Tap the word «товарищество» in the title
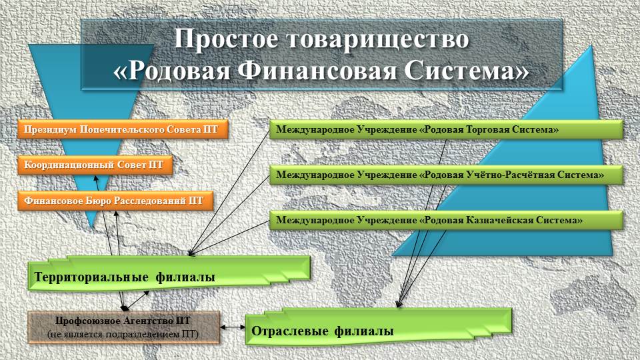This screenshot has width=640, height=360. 377,40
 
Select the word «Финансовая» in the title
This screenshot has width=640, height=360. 317,71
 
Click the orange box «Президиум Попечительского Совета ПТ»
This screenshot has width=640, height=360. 123,130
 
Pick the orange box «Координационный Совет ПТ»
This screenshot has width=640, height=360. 95,165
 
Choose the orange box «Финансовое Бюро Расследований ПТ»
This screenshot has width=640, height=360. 115,201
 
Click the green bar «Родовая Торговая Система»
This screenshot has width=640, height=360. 446,130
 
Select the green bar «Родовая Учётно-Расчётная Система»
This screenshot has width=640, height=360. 446,175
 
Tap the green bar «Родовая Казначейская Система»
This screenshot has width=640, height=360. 446,221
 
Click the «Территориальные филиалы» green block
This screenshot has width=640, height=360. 169,273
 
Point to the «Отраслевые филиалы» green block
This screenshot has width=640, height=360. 379,327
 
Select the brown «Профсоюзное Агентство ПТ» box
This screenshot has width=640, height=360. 124,327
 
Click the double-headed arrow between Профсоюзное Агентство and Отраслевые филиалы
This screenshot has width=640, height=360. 233,327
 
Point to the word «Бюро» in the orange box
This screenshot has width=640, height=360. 99,201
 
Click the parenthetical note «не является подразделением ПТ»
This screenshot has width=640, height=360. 123,334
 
